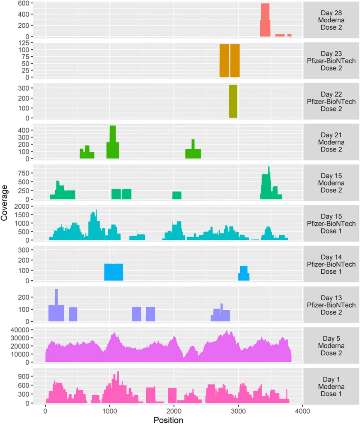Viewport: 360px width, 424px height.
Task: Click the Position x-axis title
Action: (x=168, y=420)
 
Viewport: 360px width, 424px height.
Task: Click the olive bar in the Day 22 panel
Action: (x=233, y=101)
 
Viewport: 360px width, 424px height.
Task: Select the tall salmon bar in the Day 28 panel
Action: (x=265, y=20)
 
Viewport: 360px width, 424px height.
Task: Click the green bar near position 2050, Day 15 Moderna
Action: (x=177, y=195)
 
